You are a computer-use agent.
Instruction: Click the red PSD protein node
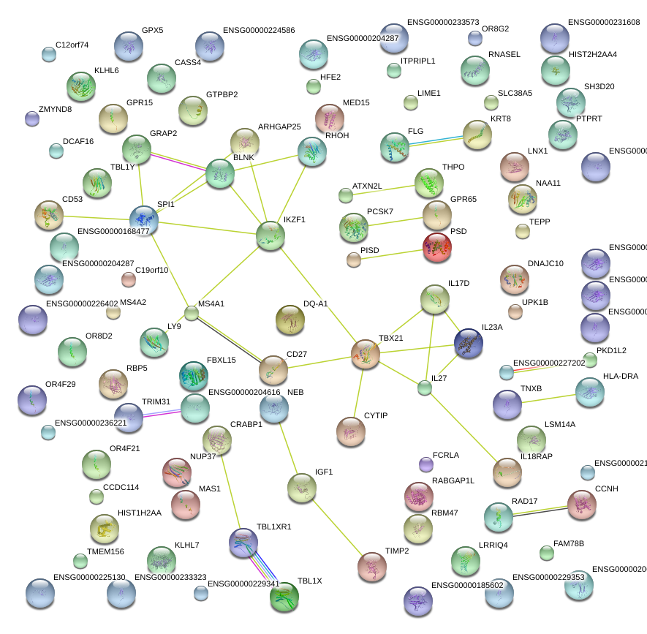point(437,247)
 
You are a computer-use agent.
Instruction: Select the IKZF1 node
point(270,236)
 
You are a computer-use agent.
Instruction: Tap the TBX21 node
point(366,354)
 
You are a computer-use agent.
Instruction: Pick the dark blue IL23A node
point(468,344)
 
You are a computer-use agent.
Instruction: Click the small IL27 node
point(425,388)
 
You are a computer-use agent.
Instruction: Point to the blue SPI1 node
point(143,220)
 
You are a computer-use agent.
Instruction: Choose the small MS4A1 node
point(192,313)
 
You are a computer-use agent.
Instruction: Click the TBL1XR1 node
point(243,542)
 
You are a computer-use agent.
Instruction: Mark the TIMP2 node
point(372,566)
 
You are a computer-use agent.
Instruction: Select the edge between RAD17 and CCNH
point(541,510)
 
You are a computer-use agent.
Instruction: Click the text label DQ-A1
point(316,303)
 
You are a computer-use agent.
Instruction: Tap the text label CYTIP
point(376,416)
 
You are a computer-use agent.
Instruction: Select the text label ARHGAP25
point(279,127)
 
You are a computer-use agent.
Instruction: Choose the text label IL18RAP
point(537,456)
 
